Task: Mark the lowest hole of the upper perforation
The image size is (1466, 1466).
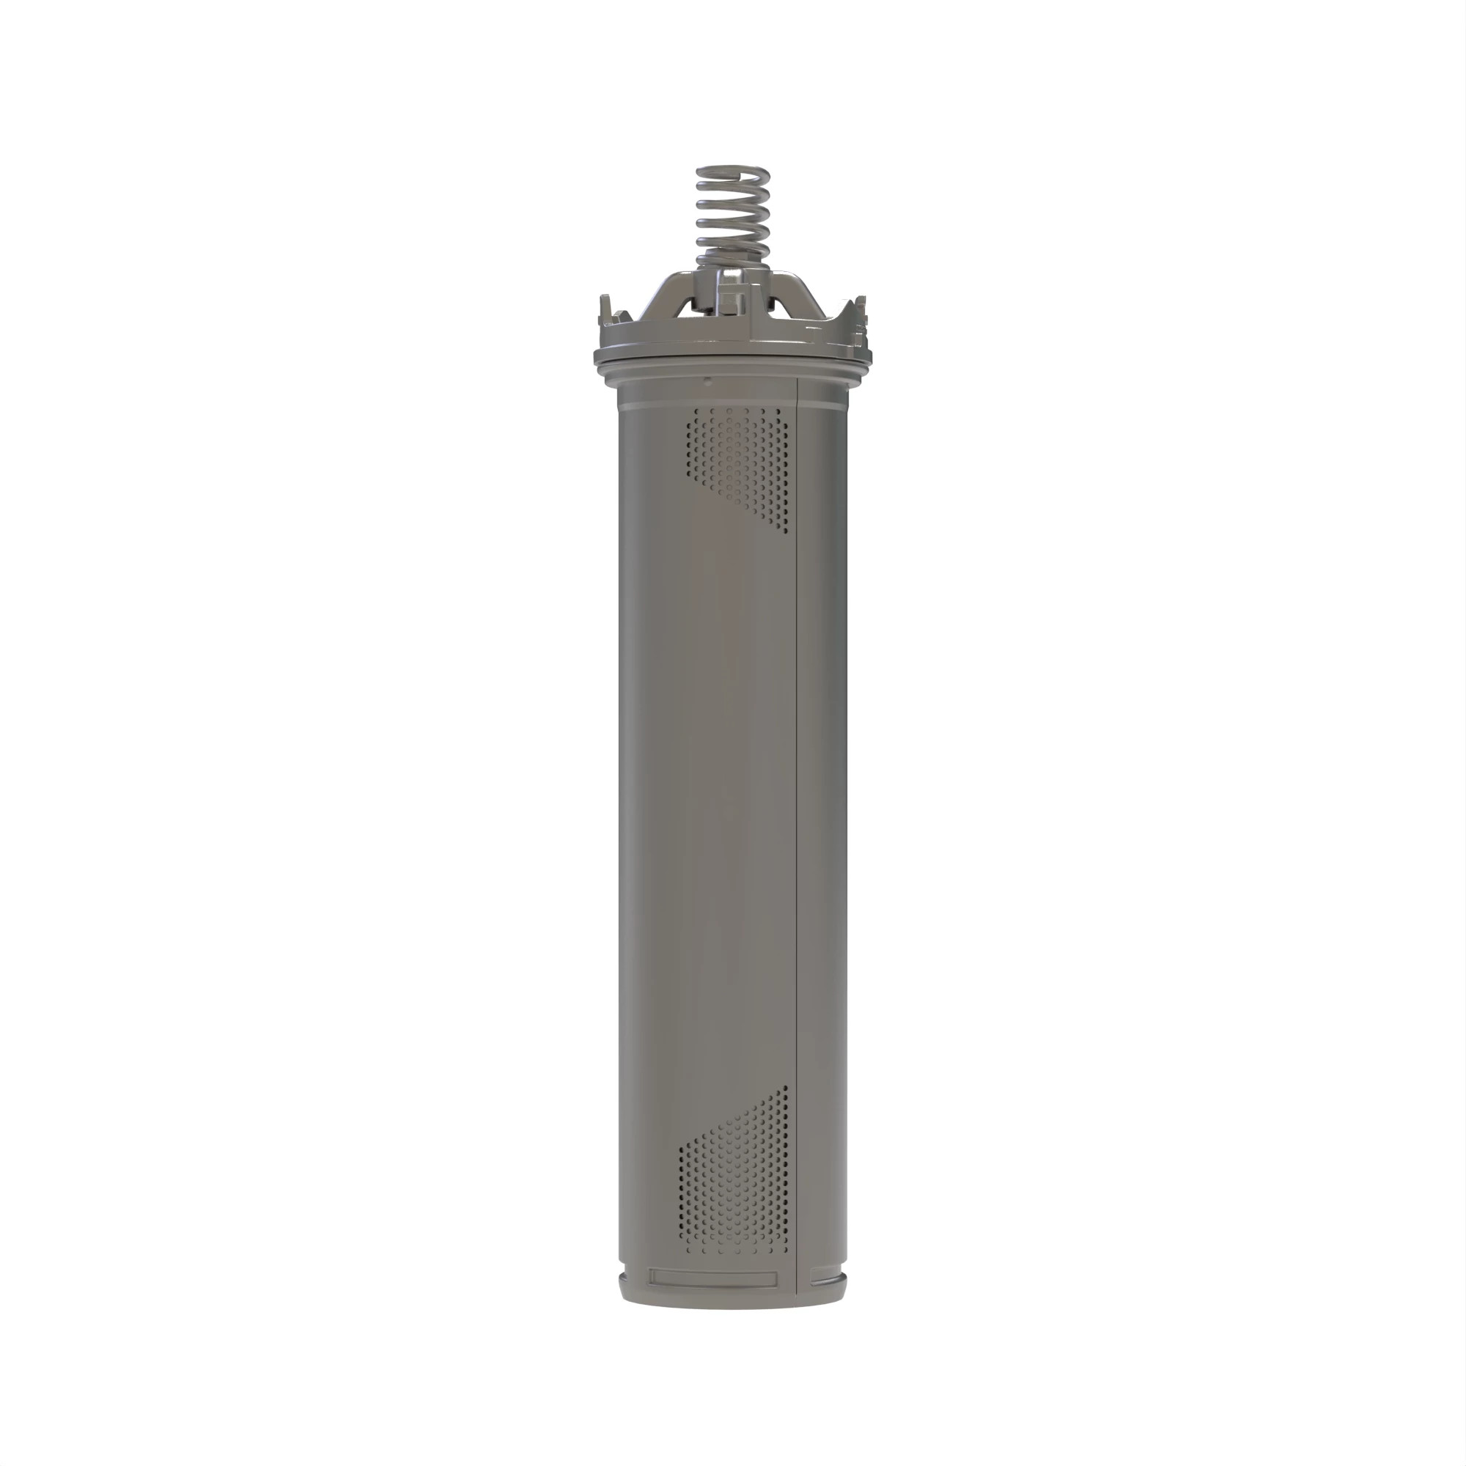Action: click(784, 531)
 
